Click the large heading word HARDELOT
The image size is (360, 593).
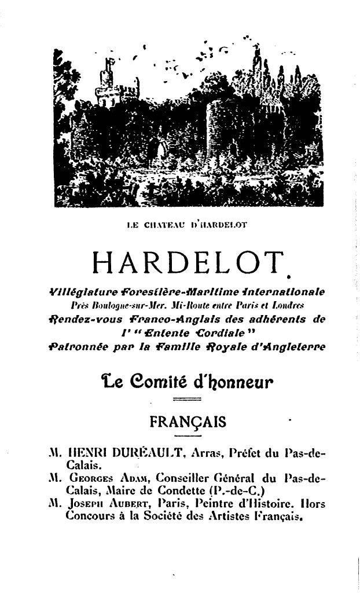pyautogui.click(x=188, y=265)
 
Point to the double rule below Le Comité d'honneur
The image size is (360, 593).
pyautogui.click(x=186, y=400)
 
